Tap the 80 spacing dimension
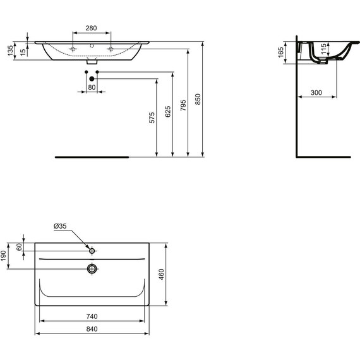tap(92, 87)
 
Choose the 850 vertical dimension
tap(198, 99)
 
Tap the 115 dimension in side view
tap(322, 49)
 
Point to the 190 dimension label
tap(4, 255)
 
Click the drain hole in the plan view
tap(92, 269)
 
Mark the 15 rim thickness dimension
tap(23, 51)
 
